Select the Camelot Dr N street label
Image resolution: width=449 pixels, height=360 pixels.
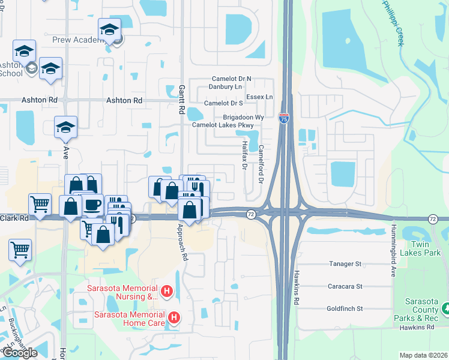[232, 79]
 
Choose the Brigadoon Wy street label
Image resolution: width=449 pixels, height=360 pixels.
[244, 116]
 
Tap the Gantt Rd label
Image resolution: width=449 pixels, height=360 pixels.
[181, 100]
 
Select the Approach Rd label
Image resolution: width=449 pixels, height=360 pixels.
[181, 241]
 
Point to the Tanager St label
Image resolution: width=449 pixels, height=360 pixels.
[345, 264]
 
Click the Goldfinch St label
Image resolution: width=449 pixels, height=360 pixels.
[345, 309]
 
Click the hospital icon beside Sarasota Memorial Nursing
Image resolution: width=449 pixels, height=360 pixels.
[167, 292]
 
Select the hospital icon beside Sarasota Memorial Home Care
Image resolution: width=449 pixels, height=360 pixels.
[174, 317]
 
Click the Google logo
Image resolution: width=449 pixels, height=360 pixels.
[20, 353]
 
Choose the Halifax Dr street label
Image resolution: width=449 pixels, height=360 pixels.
[245, 155]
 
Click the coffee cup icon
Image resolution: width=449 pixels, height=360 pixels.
[92, 205]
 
